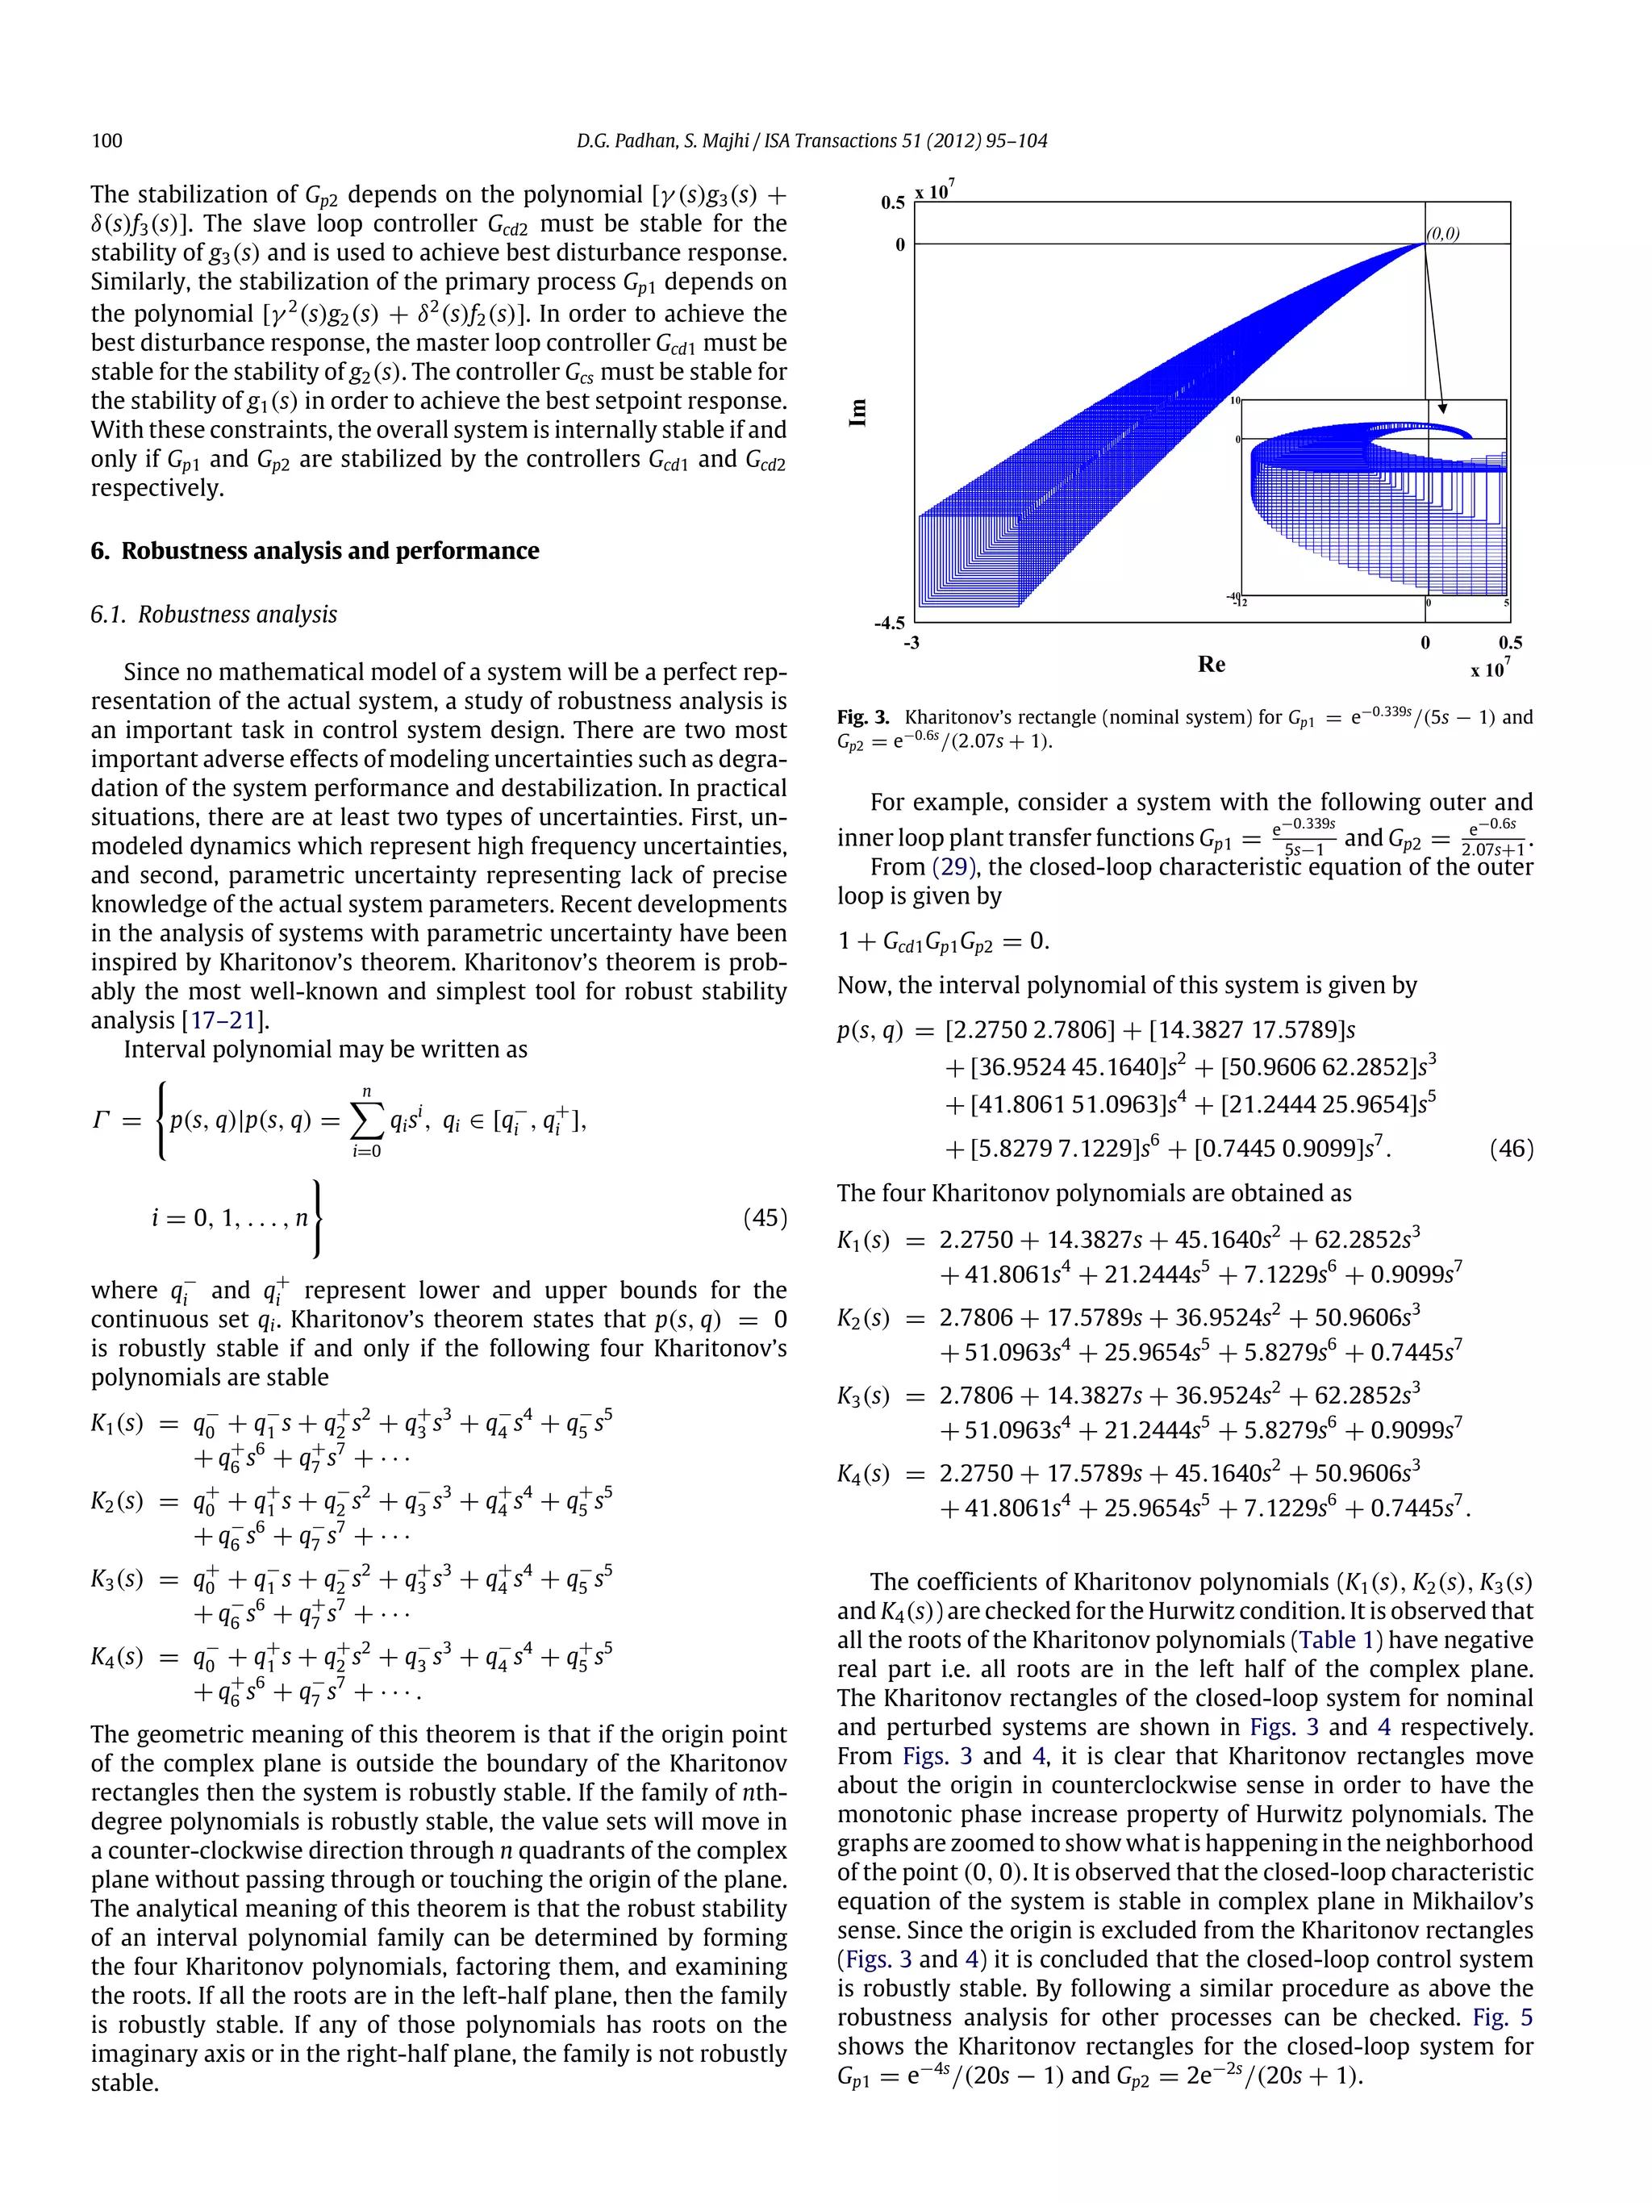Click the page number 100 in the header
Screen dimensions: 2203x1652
tap(106, 140)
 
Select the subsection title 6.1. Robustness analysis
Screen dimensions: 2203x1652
tap(214, 615)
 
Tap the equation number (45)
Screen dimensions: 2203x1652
tap(764, 1217)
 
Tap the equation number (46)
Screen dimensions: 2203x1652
tap(1511, 1149)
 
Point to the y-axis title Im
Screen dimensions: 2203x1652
tap(857, 412)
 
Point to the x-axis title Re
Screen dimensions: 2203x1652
tap(1211, 664)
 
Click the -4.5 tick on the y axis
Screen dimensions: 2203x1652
tap(889, 624)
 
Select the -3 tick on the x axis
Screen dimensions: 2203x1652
tap(912, 644)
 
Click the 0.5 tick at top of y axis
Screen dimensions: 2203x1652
tap(892, 202)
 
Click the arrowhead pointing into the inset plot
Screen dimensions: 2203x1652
tap(1443, 408)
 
